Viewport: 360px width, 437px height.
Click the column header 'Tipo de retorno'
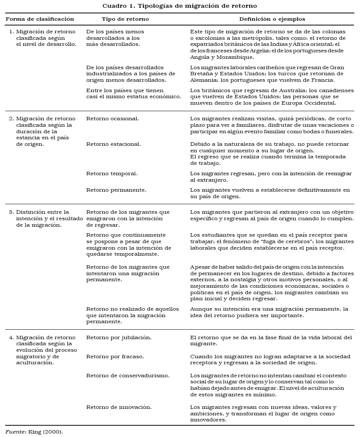[x=125, y=19]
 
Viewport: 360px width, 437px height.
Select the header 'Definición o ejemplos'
[x=272, y=19]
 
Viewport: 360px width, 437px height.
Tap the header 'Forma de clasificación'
[x=40, y=19]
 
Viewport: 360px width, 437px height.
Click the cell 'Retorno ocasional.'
[x=112, y=118]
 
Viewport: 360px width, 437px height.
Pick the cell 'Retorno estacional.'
[x=113, y=144]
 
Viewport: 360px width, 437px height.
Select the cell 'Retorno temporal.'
[x=112, y=173]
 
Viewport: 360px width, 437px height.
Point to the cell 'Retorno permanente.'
[x=116, y=190]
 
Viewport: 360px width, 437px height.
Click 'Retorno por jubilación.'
[x=119, y=337]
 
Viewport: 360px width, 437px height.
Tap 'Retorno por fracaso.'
[x=115, y=356]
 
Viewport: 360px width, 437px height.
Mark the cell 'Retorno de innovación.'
[x=119, y=407]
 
